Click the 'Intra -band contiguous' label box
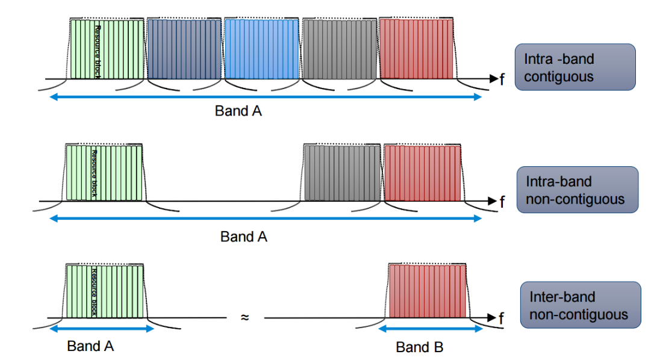pos(575,67)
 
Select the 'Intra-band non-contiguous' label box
pos(577,190)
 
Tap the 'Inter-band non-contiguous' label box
pos(581,305)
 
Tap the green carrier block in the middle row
pos(104,173)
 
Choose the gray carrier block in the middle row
pos(342,173)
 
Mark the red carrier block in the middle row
pos(422,173)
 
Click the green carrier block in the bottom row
pos(105,291)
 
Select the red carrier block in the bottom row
pos(428,291)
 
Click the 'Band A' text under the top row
pos(238,111)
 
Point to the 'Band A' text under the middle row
pos(243,237)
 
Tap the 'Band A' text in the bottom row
pos(90,346)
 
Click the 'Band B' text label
pos(420,347)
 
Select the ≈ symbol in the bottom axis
pos(244,317)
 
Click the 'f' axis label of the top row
pos(502,79)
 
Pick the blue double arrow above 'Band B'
pos(431,329)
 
